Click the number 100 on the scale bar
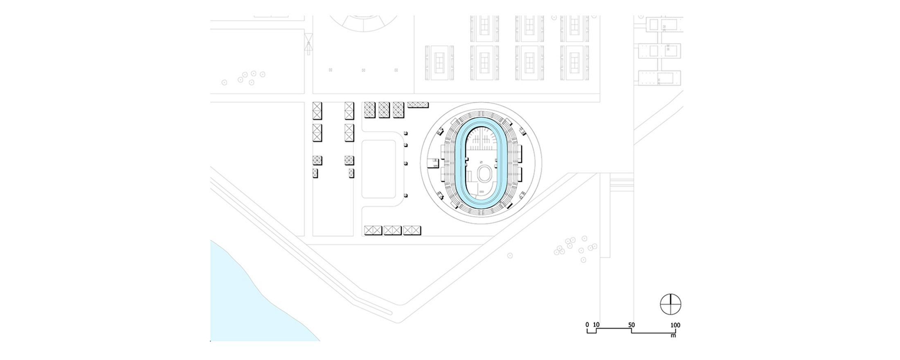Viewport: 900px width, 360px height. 675,325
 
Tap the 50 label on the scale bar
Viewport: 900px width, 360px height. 632,325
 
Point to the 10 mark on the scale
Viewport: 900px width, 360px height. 596,325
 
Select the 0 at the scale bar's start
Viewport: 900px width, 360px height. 587,325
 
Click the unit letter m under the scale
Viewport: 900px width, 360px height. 673,336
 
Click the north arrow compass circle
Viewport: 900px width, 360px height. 670,304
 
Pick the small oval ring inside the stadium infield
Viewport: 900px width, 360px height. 485,173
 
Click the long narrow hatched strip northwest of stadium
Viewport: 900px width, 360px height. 418,105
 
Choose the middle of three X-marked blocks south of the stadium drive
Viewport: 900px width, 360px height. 392,231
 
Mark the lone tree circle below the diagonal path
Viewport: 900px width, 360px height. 510,256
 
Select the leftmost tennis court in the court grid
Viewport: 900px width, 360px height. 439,63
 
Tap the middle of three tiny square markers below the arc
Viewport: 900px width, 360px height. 363,70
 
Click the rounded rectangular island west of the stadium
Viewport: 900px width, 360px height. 378,169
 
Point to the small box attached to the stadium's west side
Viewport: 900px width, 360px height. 433,163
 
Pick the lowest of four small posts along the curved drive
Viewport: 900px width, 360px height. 405,196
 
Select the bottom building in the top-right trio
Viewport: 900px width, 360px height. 659,78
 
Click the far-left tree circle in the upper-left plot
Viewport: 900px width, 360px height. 224,83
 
